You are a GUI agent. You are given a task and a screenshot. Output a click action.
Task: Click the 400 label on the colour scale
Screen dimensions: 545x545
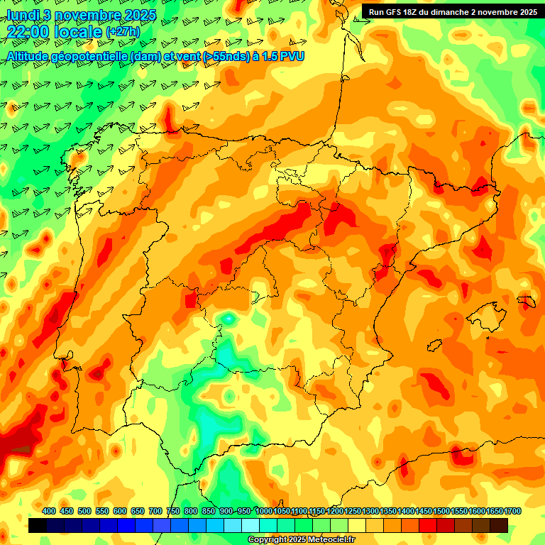pyautogui.click(x=49, y=511)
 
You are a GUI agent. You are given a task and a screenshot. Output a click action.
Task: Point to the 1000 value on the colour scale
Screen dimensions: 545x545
pyautogui.click(x=263, y=511)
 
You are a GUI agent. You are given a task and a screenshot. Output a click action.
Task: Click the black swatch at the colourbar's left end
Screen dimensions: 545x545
pyautogui.click(x=38, y=526)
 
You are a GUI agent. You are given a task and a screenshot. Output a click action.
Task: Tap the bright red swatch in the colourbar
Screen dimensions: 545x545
pyautogui.click(x=428, y=526)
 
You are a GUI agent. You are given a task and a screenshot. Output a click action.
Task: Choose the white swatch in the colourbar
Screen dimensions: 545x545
pyautogui.click(x=251, y=526)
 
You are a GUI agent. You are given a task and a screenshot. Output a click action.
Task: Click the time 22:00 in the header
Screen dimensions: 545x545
pyautogui.click(x=28, y=33)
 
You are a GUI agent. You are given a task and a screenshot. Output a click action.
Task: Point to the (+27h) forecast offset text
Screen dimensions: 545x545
pyautogui.click(x=123, y=33)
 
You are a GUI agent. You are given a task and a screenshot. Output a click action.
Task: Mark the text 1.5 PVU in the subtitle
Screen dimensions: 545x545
pyautogui.click(x=280, y=55)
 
